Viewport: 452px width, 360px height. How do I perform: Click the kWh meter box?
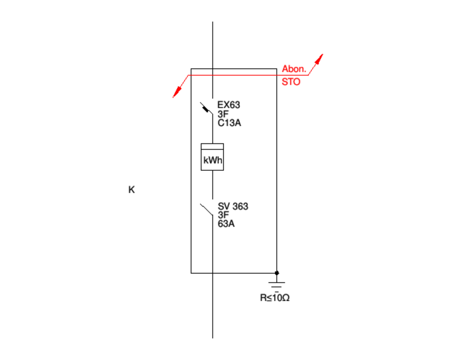click(x=212, y=157)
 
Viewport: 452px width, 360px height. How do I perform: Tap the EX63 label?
click(x=229, y=105)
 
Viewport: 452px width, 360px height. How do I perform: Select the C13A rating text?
click(x=229, y=123)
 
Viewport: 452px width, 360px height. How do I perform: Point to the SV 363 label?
click(x=233, y=206)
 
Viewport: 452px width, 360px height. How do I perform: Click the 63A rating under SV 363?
click(x=226, y=224)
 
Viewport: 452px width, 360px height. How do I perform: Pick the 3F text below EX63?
click(x=223, y=114)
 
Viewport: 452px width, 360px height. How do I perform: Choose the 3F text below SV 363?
click(x=223, y=215)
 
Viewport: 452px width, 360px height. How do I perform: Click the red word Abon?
click(x=294, y=69)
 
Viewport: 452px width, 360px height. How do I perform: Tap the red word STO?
click(x=291, y=82)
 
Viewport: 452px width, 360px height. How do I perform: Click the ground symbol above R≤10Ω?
click(x=277, y=284)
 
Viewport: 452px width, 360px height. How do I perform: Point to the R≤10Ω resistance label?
click(x=275, y=298)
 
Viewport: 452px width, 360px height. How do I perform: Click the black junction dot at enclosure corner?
click(x=277, y=273)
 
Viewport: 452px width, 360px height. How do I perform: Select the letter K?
click(x=131, y=190)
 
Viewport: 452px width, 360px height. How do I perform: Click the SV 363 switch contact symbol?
click(x=207, y=209)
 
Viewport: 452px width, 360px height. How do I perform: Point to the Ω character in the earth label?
click(x=286, y=298)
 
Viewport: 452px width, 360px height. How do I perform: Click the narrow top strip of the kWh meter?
click(x=212, y=146)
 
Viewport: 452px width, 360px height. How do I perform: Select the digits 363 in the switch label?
click(x=240, y=206)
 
